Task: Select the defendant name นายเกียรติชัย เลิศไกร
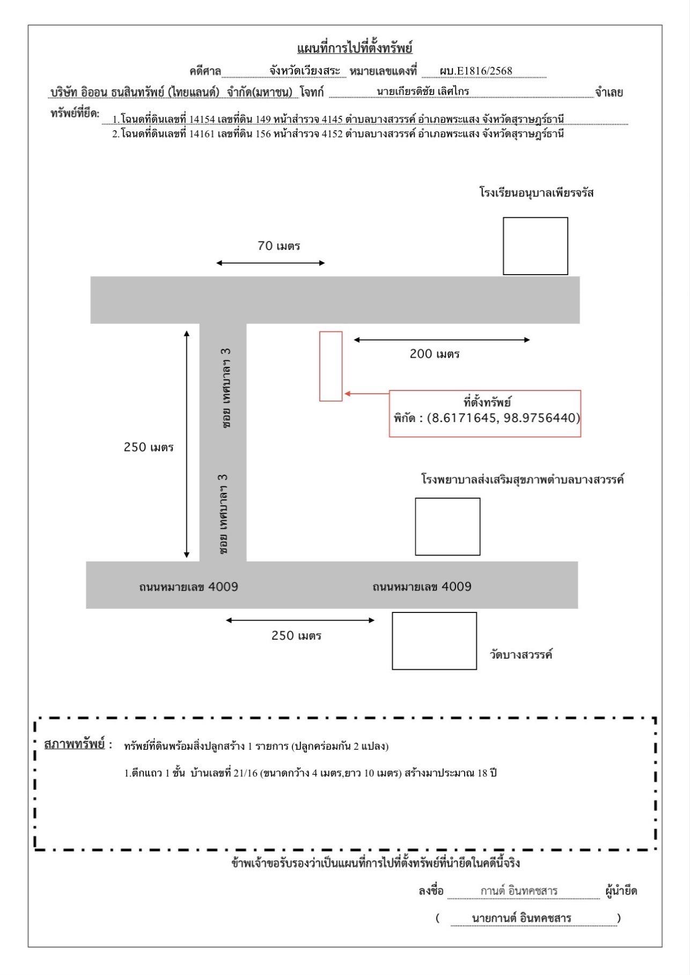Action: (x=422, y=91)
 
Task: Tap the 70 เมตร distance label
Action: (x=278, y=246)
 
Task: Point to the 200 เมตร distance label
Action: (x=435, y=354)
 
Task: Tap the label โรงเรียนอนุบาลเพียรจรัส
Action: (x=537, y=193)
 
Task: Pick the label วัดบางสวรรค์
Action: (x=521, y=654)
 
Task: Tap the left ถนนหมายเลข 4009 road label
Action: (x=188, y=587)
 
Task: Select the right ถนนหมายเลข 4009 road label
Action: (x=422, y=587)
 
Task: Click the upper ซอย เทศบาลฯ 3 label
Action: (x=227, y=387)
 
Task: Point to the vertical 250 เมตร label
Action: (x=149, y=447)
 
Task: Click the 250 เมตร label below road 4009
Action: (x=296, y=636)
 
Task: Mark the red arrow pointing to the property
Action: (x=367, y=394)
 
